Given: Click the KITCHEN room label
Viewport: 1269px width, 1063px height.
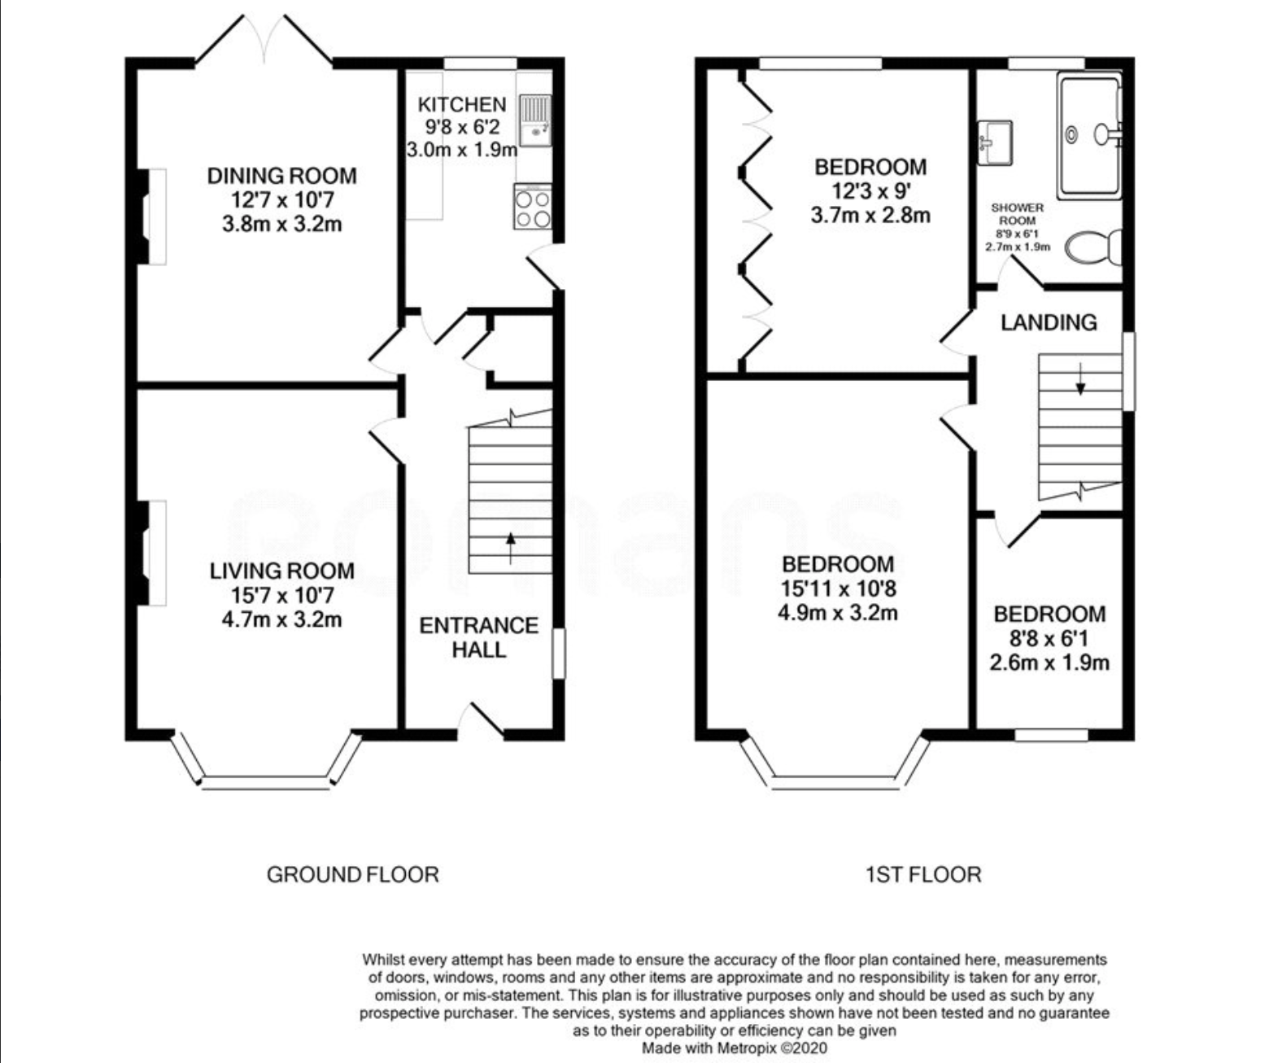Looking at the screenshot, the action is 462,105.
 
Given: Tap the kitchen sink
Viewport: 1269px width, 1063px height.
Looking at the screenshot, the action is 534,121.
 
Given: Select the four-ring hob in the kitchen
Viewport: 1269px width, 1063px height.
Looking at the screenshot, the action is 533,207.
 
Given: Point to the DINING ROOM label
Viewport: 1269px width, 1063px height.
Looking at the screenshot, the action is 282,176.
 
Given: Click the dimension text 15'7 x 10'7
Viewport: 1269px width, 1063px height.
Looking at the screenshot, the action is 282,595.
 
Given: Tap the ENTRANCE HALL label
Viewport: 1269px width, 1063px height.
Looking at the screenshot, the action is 479,637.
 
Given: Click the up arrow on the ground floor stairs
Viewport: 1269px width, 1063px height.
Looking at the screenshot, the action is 511,548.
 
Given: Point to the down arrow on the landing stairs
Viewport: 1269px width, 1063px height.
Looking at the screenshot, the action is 1080,378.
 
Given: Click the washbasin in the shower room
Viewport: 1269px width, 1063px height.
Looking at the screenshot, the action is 995,142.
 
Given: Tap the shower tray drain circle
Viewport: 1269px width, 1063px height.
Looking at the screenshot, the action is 1072,134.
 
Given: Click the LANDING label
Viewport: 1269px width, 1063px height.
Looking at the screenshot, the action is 1049,322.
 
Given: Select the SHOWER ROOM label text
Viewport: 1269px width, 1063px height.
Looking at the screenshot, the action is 1018,214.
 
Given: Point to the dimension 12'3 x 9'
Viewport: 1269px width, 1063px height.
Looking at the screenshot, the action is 870,191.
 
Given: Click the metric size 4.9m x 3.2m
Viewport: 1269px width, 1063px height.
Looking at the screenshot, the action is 838,612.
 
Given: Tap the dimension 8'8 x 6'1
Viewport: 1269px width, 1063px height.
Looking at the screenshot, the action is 1049,638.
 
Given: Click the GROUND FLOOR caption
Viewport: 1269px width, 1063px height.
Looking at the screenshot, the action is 352,874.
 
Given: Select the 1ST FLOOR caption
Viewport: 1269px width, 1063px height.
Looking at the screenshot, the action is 923,874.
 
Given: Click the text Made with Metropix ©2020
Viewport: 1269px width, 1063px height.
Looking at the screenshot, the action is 735,1048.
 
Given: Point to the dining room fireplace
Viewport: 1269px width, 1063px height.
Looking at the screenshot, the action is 150,217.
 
